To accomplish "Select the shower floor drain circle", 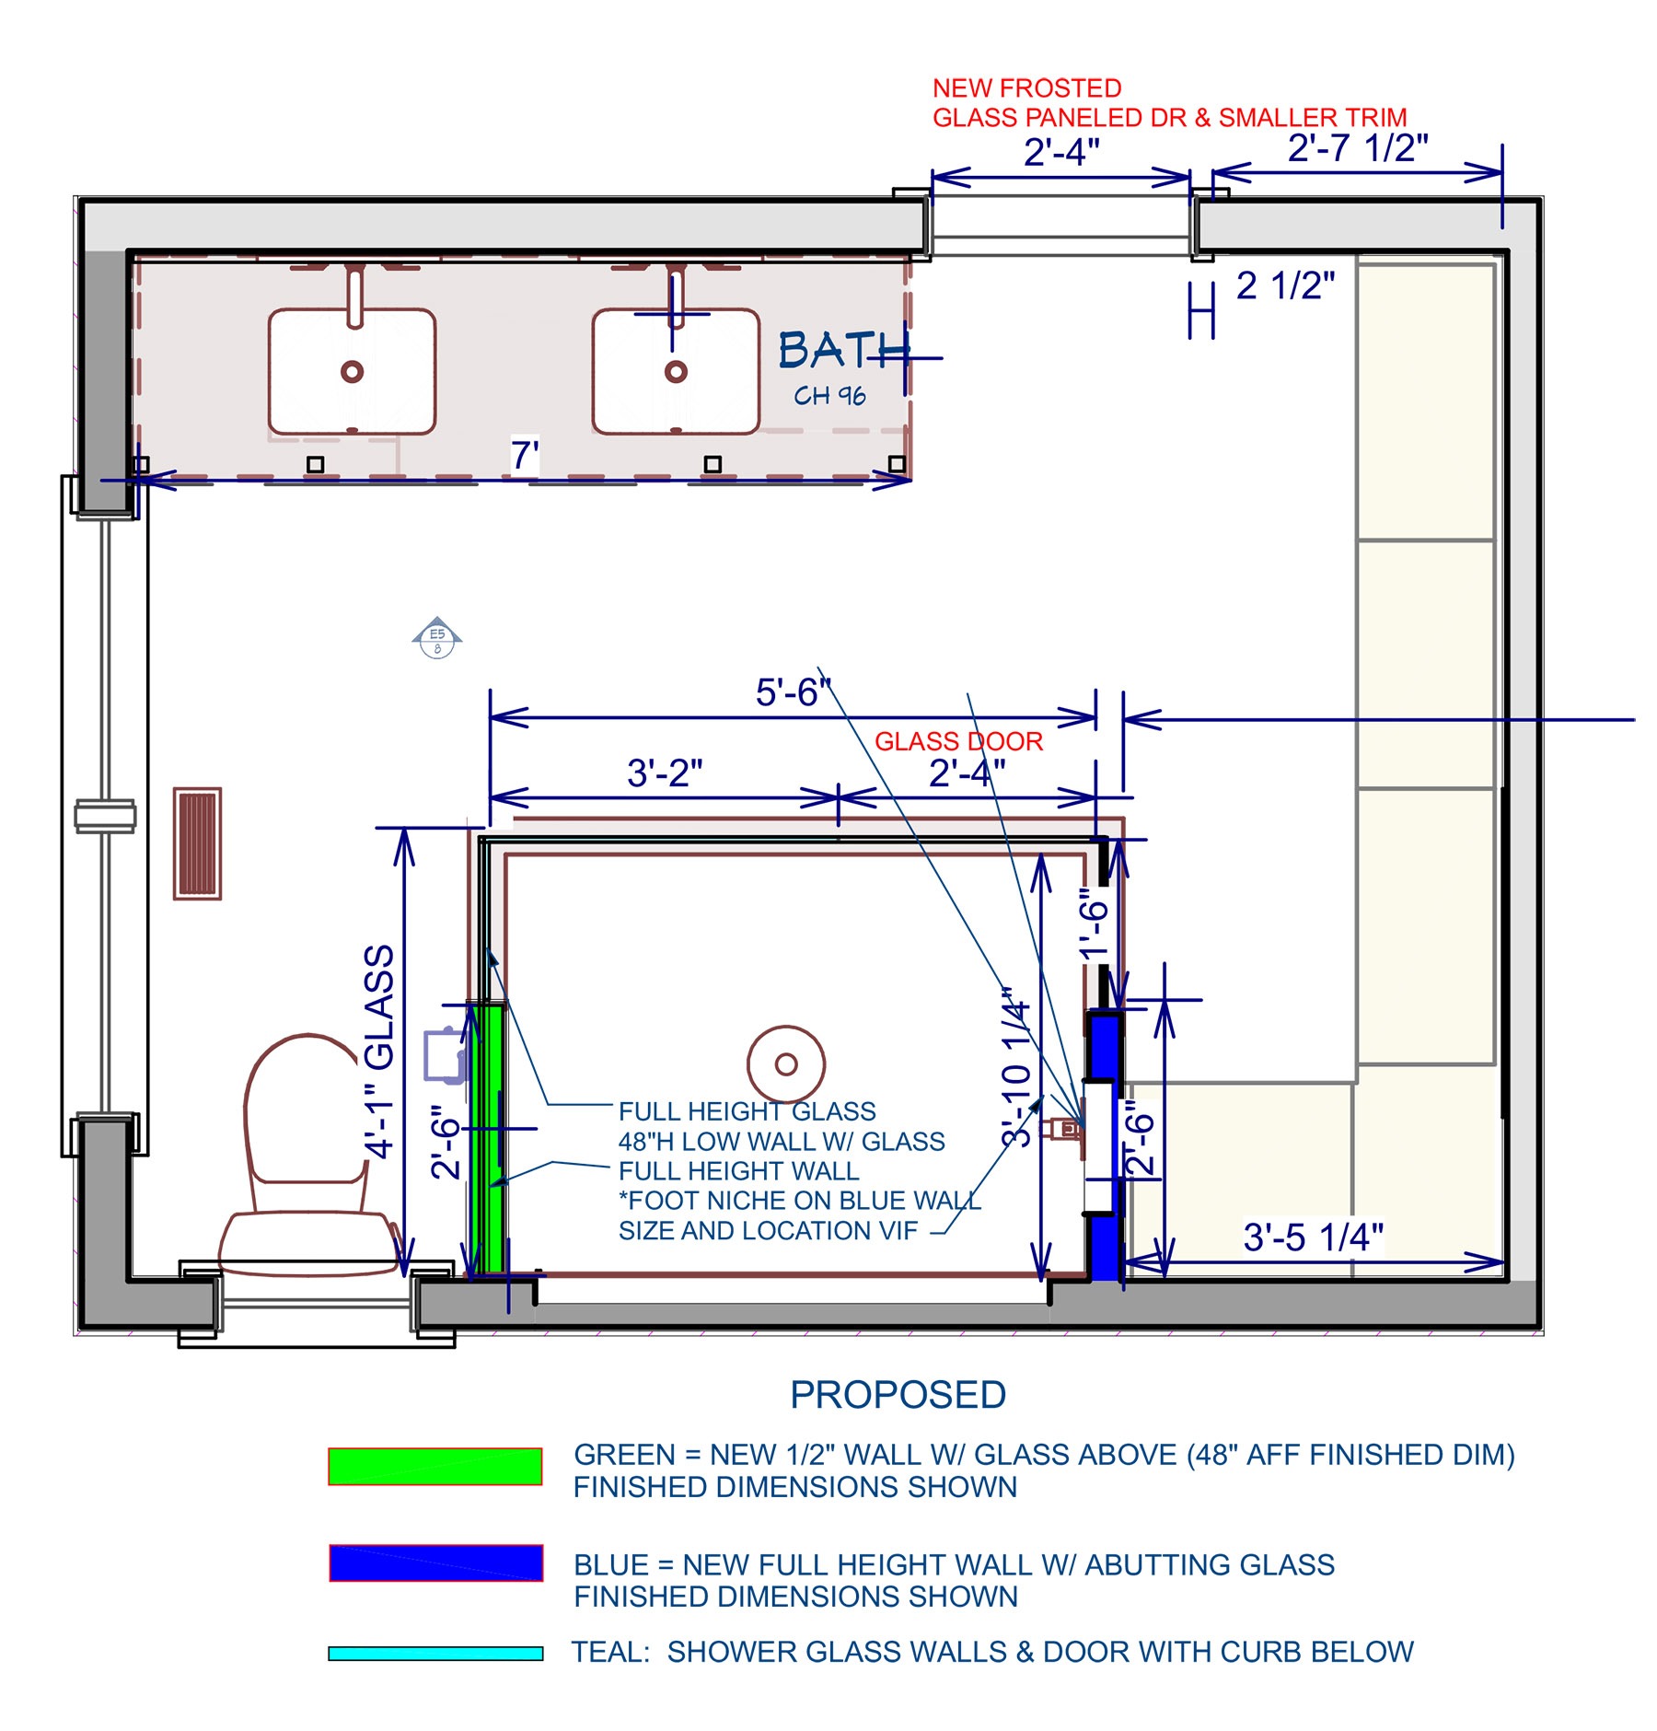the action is point(785,1064).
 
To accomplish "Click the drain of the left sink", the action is point(352,371).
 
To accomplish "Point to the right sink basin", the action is point(676,371).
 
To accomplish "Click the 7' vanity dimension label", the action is point(525,455).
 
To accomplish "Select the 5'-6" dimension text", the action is point(793,692).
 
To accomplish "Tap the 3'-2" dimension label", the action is point(664,773).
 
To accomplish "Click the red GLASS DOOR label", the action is point(958,741).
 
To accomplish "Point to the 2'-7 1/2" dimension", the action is point(1358,147).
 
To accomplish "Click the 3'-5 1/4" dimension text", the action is point(1313,1237).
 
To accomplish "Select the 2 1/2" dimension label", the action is point(1285,285).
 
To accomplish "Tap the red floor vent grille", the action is point(197,842).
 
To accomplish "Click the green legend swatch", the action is point(435,1466).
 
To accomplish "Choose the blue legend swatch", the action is point(435,1563).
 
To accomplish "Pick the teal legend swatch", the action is point(435,1654).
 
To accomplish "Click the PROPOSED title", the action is point(898,1395).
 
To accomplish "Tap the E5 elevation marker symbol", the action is point(437,637).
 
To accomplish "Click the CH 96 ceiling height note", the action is point(829,396).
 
